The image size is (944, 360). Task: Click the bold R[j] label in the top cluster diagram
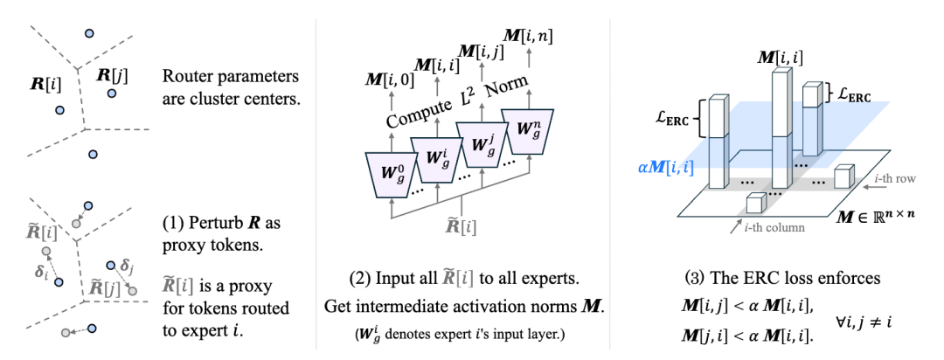coord(111,75)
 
